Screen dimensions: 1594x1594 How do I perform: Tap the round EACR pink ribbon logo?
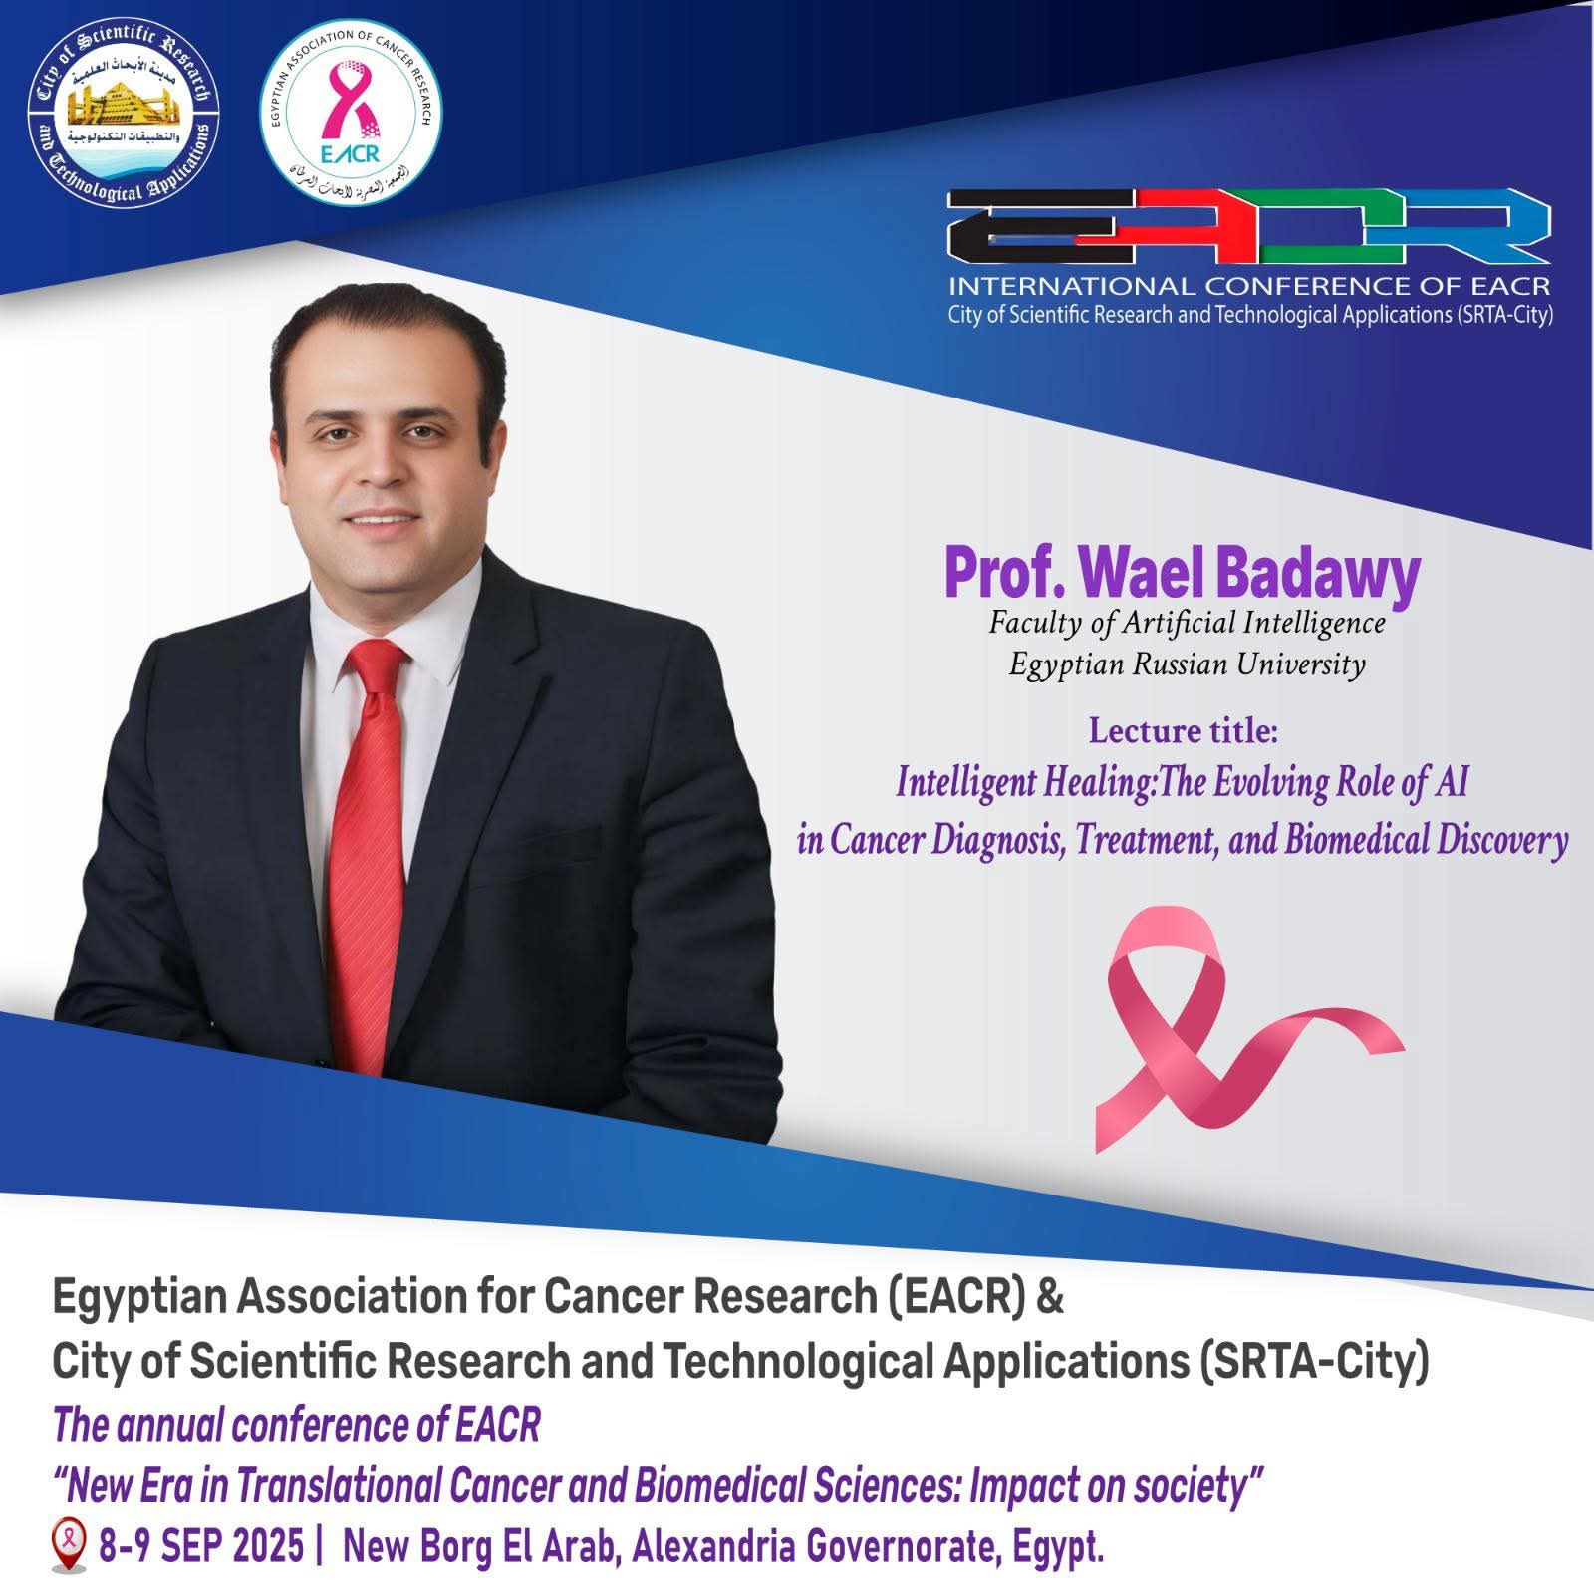(351, 115)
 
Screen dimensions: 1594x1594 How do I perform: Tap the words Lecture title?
(1183, 731)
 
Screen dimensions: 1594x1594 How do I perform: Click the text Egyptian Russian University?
(1187, 664)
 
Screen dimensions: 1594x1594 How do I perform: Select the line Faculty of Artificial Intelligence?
(1187, 623)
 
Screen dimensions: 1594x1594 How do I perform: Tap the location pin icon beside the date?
(67, 1548)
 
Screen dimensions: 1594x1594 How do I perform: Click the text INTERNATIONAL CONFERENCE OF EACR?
(1248, 287)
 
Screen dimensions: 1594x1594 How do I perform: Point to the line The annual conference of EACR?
(296, 1426)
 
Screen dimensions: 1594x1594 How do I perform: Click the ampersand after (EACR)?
(1050, 1299)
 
